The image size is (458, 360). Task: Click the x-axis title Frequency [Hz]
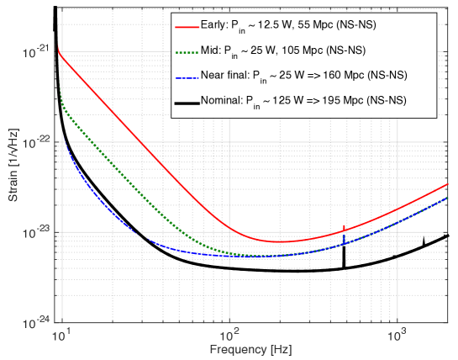[253, 348]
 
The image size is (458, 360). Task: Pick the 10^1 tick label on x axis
[60, 334]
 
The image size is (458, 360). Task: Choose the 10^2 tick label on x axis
[228, 334]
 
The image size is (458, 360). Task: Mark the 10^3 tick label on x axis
[394, 334]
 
